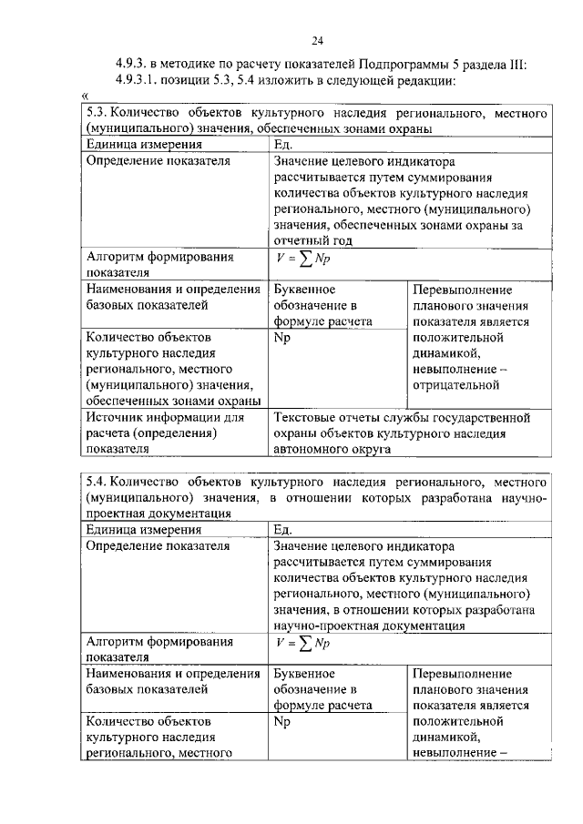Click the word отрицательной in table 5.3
(x=455, y=385)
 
